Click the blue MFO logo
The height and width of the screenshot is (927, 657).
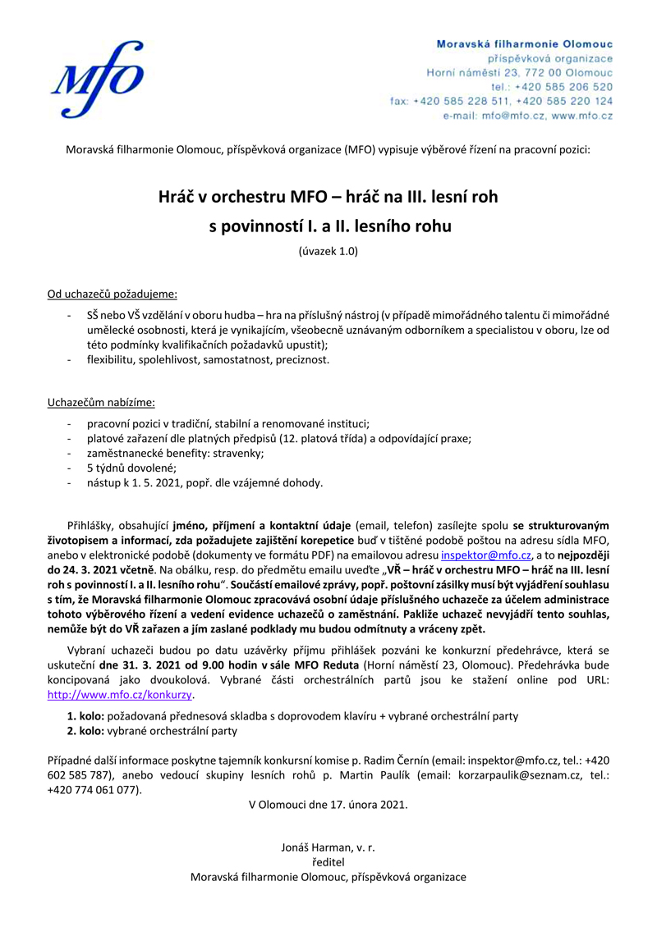[96, 78]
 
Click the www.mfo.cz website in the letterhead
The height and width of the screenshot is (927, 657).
[582, 116]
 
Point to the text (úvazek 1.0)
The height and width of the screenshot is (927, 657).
[328, 252]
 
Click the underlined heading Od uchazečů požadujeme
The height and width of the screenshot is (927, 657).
[112, 292]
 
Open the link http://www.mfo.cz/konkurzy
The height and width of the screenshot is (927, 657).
[120, 694]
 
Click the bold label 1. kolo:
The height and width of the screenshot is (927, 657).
[85, 715]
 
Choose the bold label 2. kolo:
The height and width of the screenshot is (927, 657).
[85, 730]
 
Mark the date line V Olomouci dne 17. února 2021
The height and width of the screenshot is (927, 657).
[328, 804]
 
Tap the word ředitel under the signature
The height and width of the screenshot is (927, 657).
[328, 862]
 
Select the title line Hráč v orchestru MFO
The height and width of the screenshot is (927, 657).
[328, 197]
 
